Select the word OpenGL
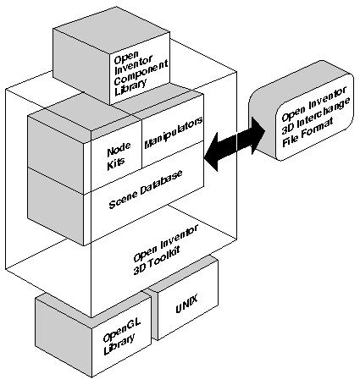pos(112,337)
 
